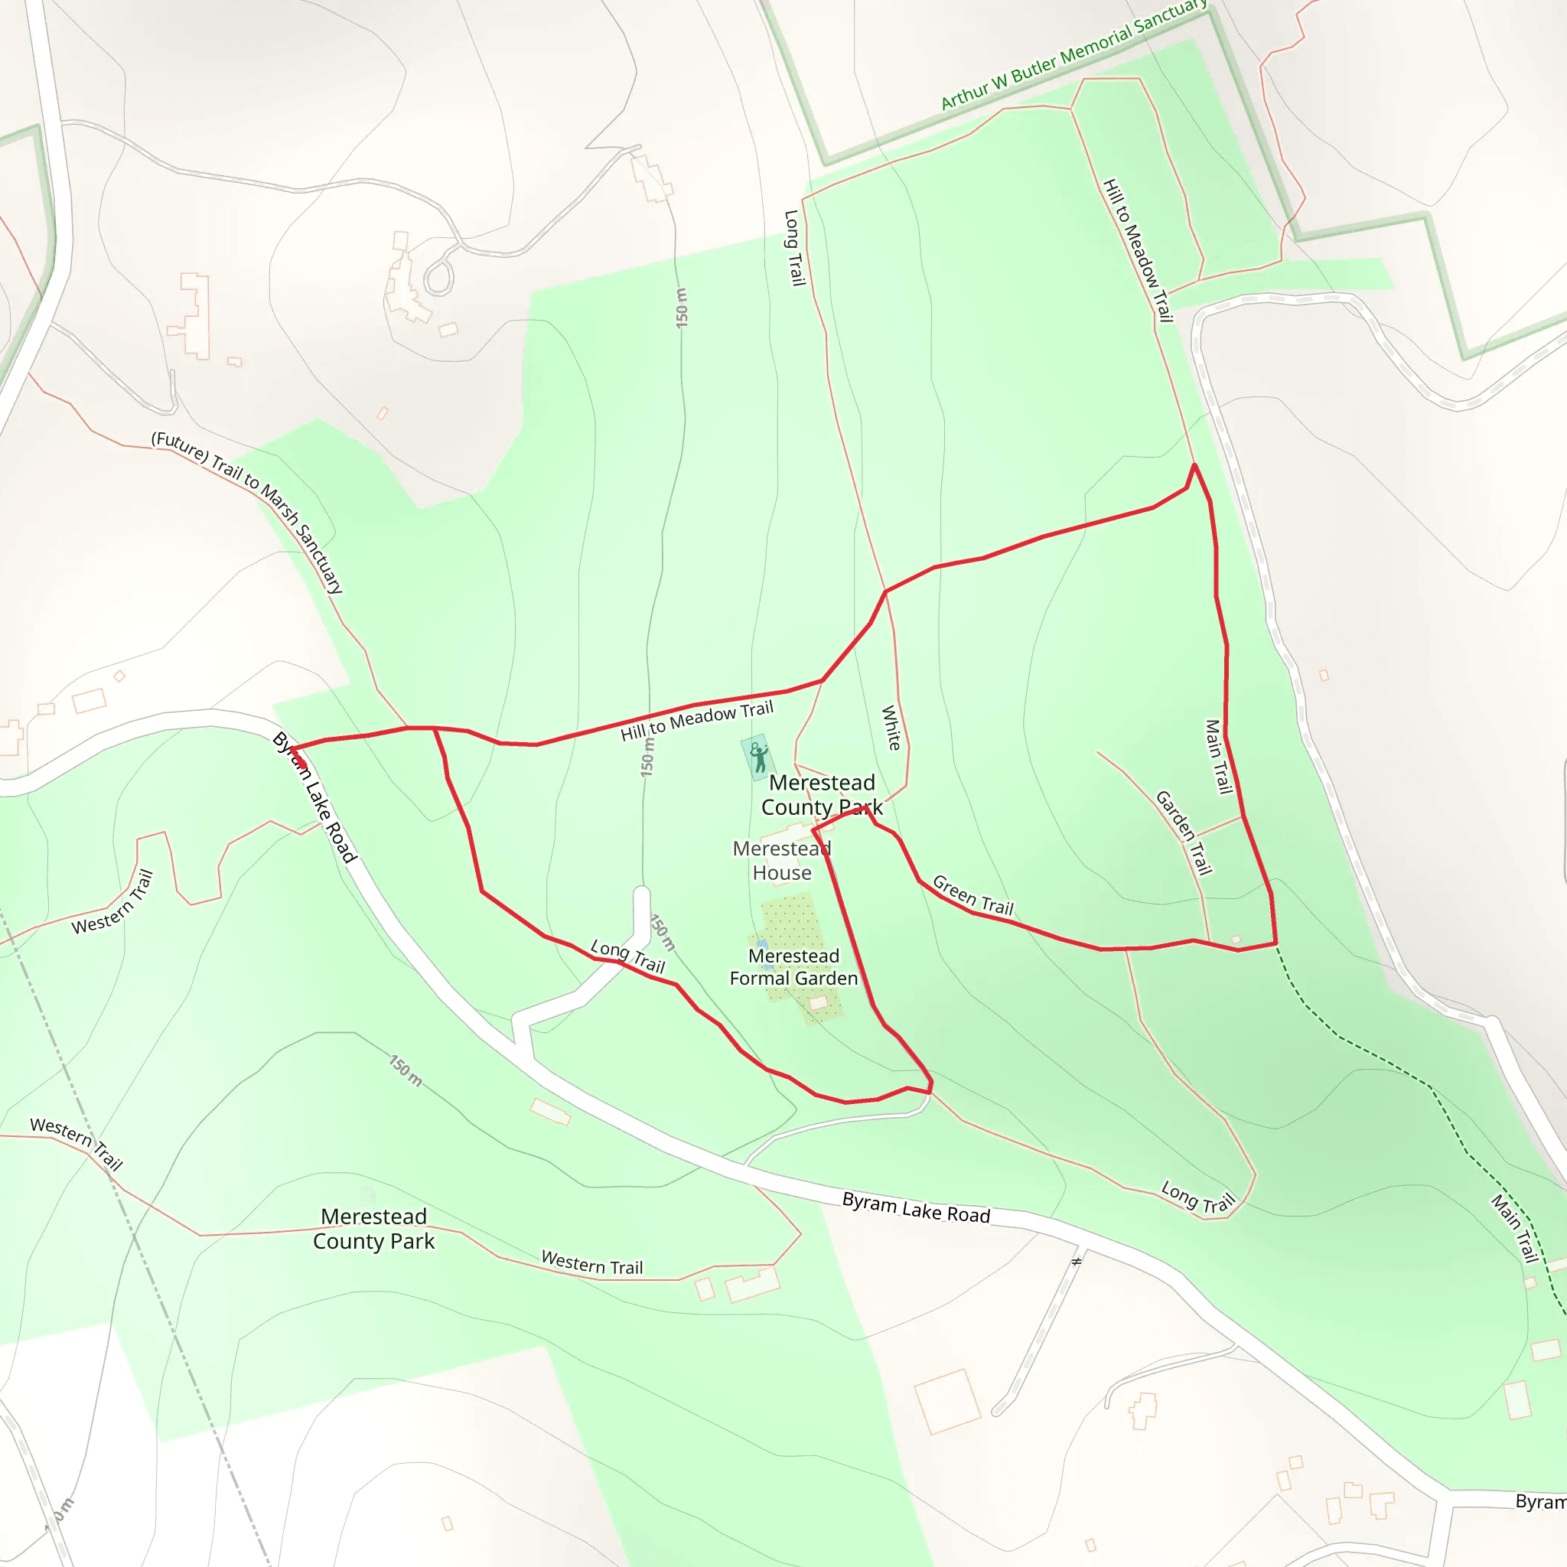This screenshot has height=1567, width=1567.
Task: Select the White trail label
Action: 891,728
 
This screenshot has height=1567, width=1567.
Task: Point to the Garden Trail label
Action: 1184,833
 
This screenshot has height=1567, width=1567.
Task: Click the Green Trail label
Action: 972,895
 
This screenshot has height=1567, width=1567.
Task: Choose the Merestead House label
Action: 782,861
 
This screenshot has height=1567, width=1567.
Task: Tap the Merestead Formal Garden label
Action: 793,967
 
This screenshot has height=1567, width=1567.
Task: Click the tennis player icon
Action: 758,757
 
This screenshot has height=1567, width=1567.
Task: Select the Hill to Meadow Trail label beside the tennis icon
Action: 697,721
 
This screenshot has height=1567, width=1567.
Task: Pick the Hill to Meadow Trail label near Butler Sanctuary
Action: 1138,249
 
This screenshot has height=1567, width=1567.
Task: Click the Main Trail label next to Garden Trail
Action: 1218,757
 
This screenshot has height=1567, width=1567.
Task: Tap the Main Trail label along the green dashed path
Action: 1515,1228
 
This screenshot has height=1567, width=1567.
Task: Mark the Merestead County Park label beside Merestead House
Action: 822,795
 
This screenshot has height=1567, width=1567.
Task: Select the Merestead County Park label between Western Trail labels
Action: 374,1229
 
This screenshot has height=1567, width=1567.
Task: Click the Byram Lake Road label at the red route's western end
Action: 314,797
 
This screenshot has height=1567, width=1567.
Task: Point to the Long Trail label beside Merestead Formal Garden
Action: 627,956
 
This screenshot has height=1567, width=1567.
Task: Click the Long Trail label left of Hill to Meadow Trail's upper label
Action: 794,247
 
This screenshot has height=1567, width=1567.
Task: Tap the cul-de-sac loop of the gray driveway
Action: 438,279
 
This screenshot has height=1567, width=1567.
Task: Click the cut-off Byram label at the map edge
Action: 1540,1501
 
